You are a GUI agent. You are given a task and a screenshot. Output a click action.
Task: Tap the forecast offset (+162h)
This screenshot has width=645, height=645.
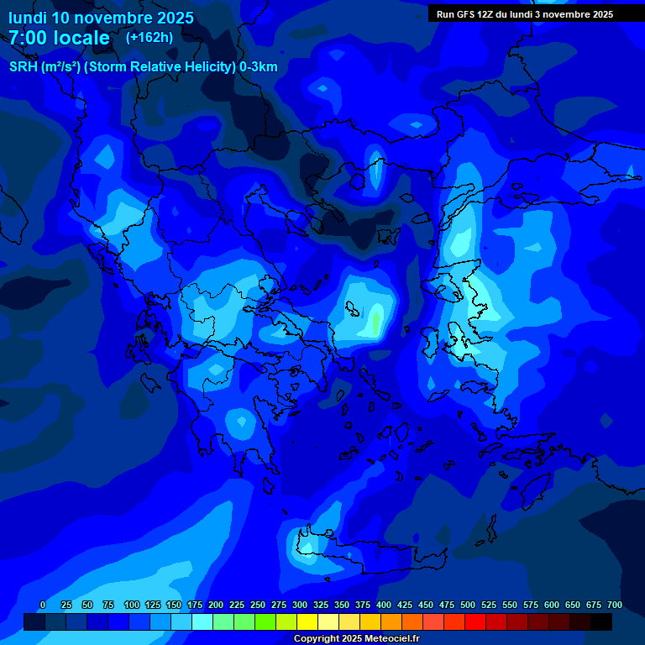[149, 37]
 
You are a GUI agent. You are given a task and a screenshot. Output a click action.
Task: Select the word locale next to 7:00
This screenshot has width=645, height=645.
[81, 38]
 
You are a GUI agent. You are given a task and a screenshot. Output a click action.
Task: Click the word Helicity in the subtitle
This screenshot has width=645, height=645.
[198, 67]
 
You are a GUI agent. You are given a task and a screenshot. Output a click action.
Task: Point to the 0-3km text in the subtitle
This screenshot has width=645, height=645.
[258, 67]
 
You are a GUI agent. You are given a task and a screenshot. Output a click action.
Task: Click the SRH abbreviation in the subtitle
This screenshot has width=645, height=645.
[24, 67]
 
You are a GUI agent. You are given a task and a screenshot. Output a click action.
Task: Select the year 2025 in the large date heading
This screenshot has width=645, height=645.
[174, 18]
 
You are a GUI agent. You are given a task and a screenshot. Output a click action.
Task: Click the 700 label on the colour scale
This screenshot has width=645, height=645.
[615, 605]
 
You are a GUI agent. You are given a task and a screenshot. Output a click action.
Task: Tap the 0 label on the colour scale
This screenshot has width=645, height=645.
[43, 605]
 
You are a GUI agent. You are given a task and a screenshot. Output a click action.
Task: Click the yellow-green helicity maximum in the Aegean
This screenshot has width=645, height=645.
[376, 321]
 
